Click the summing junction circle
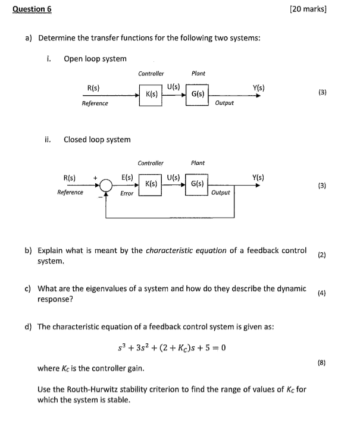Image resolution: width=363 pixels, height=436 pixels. pyautogui.click(x=106, y=186)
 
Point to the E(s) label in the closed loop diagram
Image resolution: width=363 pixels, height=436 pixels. pyautogui.click(x=127, y=177)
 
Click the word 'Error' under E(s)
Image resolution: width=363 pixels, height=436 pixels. pyautogui.click(x=127, y=193)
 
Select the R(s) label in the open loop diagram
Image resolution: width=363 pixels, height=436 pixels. pyautogui.click(x=93, y=88)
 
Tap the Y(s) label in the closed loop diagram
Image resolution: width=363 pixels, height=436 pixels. pyautogui.click(x=258, y=177)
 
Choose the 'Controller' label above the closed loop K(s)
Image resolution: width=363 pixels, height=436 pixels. pyautogui.click(x=151, y=162)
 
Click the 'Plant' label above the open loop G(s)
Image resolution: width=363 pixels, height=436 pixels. pyautogui.click(x=198, y=73)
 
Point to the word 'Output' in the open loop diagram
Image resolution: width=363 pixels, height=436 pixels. pyautogui.click(x=224, y=103)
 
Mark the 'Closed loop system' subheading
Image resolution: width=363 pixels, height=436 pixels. pyautogui.click(x=97, y=139)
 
